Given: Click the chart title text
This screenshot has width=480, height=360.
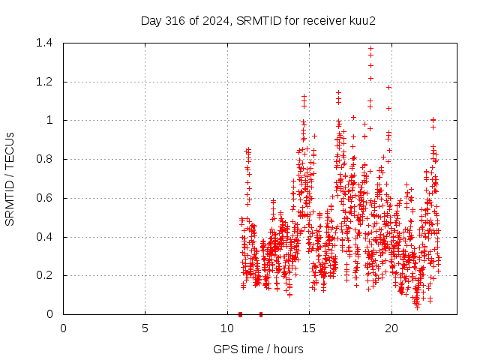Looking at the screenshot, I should [258, 20].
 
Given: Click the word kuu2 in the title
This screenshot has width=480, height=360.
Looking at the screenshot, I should [361, 20].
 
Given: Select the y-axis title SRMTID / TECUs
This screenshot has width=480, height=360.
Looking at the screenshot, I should [10, 178].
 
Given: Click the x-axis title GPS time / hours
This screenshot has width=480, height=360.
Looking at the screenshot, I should [258, 349].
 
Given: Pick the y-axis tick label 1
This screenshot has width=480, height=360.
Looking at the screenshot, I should [52, 121].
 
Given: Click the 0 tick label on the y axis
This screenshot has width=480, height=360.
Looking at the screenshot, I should [52, 314].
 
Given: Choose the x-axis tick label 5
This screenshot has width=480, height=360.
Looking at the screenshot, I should [145, 328].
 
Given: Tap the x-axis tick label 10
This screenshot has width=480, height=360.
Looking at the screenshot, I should [227, 328].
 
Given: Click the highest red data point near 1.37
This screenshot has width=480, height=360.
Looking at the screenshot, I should [370, 49].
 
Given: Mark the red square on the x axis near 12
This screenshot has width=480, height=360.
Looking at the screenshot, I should [261, 314].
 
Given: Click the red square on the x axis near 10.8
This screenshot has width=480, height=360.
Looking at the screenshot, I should [240, 314].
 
